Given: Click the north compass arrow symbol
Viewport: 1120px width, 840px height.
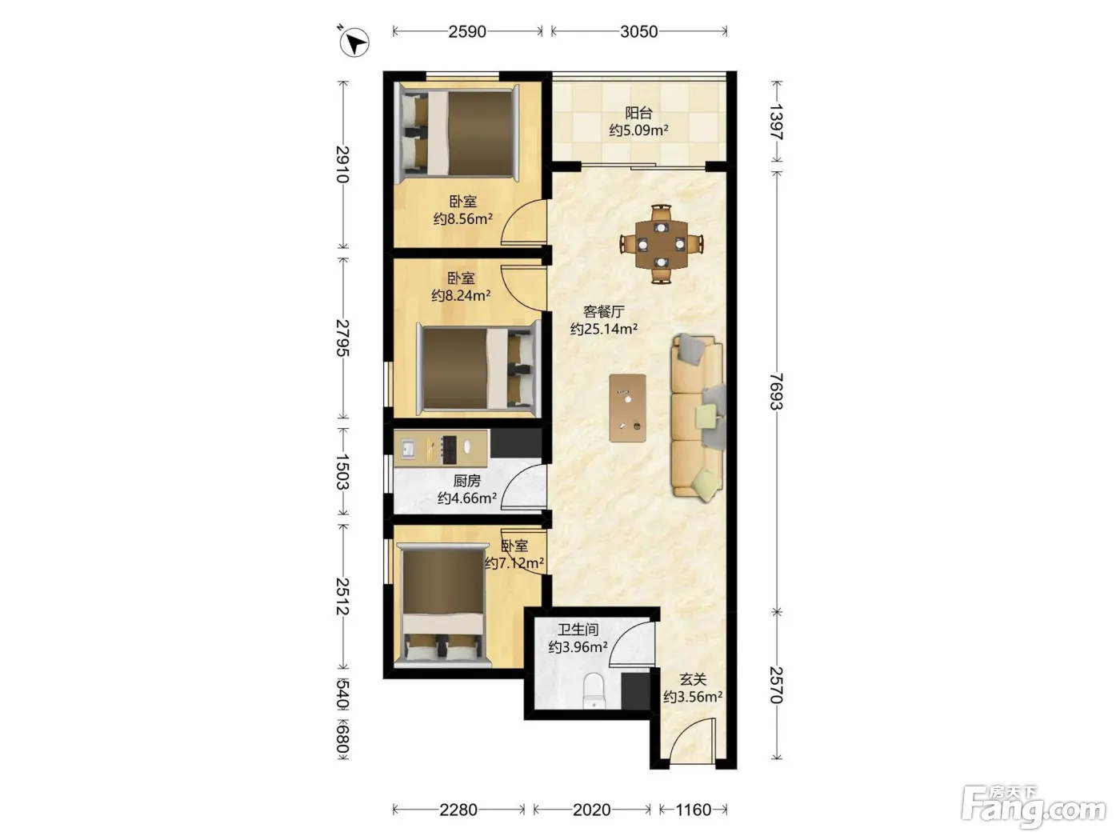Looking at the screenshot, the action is pyautogui.click(x=354, y=42).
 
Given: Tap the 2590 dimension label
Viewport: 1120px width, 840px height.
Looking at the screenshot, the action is pyautogui.click(x=467, y=32).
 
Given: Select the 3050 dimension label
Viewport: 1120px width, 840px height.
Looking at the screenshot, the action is pyautogui.click(x=639, y=32).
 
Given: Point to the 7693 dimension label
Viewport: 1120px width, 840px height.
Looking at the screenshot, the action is pyautogui.click(x=776, y=391).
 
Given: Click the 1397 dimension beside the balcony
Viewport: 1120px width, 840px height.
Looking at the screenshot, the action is pyautogui.click(x=776, y=122).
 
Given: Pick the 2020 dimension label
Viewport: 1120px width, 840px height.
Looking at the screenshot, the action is pyautogui.click(x=591, y=810).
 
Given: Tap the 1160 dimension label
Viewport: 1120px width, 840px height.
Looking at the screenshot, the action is pyautogui.click(x=693, y=810).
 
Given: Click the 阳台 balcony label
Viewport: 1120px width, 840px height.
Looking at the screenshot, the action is pyautogui.click(x=639, y=112).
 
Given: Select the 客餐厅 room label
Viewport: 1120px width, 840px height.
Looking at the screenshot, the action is pyautogui.click(x=604, y=311).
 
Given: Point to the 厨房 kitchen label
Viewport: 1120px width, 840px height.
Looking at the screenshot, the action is pyautogui.click(x=467, y=481).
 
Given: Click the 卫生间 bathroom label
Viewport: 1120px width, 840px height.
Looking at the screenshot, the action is pyautogui.click(x=578, y=630).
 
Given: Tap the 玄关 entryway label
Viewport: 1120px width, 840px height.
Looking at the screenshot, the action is pyautogui.click(x=693, y=679).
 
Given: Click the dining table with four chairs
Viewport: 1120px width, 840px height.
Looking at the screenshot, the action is pyautogui.click(x=662, y=244).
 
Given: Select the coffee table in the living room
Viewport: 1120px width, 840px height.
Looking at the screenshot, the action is pyautogui.click(x=628, y=408).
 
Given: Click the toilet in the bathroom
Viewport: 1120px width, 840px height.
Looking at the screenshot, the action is pyautogui.click(x=593, y=690).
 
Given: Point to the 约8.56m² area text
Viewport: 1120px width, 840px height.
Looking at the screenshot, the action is pyautogui.click(x=462, y=218).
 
